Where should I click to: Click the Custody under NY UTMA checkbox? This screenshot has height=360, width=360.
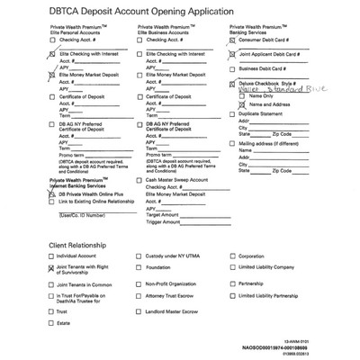[138, 256]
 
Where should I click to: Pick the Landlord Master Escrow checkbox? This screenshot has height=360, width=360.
[138, 311]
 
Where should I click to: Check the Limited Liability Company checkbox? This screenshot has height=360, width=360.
[231, 268]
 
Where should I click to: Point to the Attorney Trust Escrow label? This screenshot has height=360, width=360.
[173, 297]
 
